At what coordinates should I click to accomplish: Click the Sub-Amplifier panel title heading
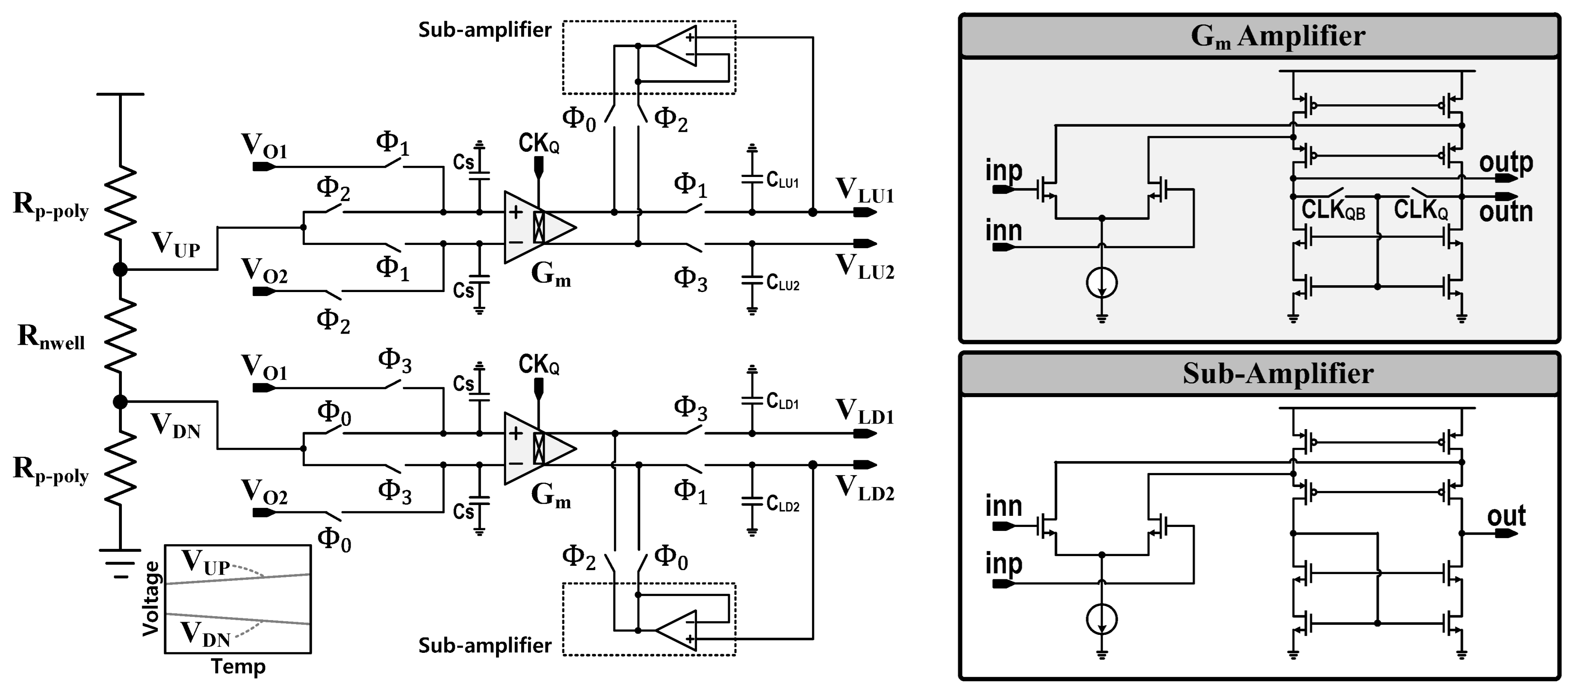pyautogui.click(x=1278, y=374)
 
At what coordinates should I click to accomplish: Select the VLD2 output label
pyautogui.click(x=864, y=489)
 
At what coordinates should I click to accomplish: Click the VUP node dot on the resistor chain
pyautogui.click(x=120, y=269)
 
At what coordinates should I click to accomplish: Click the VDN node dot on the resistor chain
pyautogui.click(x=120, y=402)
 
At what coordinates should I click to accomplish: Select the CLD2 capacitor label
pyautogui.click(x=782, y=505)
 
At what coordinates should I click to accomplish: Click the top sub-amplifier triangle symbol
pyautogui.click(x=678, y=46)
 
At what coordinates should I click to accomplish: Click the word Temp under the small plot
pyautogui.click(x=238, y=667)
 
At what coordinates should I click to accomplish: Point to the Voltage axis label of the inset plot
pyautogui.click(x=151, y=599)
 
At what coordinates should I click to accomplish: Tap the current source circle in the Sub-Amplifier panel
pyautogui.click(x=1101, y=620)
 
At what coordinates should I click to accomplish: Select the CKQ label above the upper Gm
pyautogui.click(x=539, y=144)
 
